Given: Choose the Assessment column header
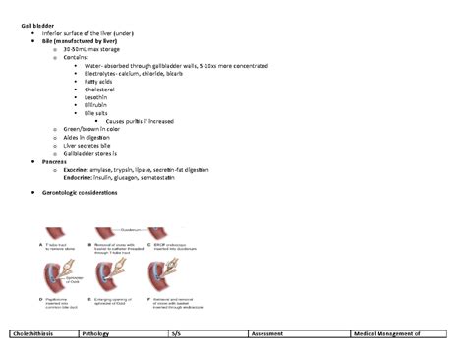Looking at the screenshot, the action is [267, 334].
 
